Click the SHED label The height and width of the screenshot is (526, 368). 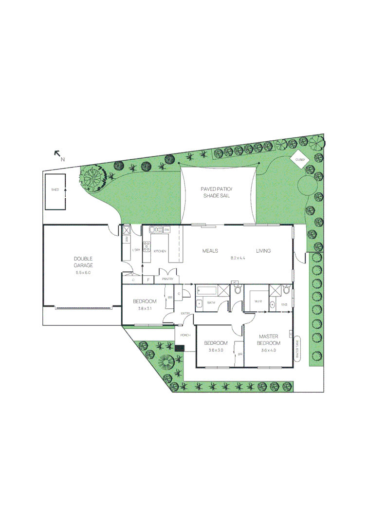[x=55, y=189]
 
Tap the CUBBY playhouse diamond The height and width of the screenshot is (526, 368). [x=299, y=159]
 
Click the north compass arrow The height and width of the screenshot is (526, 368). [x=57, y=153]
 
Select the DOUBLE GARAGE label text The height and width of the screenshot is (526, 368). [x=83, y=262]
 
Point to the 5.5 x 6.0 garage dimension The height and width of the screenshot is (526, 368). [x=83, y=273]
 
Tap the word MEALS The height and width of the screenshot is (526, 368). [x=210, y=251]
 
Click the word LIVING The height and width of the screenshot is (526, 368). [x=263, y=251]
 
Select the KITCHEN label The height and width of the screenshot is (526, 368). [x=160, y=251]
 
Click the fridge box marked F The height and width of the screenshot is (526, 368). [x=148, y=280]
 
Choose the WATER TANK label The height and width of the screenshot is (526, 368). [x=297, y=349]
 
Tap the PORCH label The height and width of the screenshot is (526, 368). [x=185, y=336]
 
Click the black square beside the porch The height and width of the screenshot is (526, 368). [x=180, y=348]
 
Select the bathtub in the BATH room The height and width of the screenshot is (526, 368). [x=206, y=292]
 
